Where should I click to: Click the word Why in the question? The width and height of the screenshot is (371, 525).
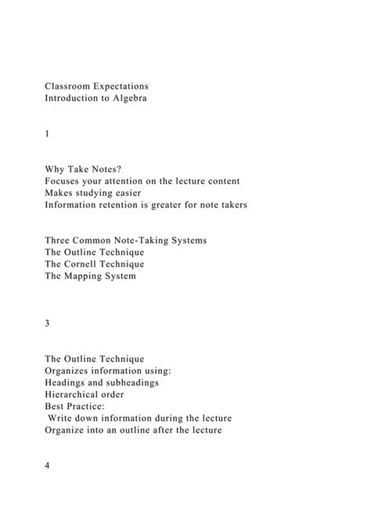pyautogui.click(x=56, y=168)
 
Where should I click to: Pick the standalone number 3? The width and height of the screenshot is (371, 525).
pyautogui.click(x=48, y=324)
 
